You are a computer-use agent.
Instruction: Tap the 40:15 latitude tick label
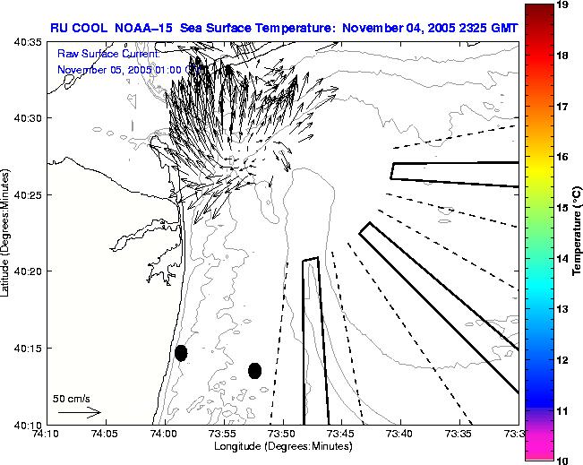point(28,348)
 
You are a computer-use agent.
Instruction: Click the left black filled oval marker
point(181,353)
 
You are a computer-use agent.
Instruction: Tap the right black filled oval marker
point(255,370)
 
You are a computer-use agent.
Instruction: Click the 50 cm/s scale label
point(70,398)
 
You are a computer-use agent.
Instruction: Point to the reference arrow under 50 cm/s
point(80,413)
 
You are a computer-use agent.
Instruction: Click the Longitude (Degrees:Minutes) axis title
point(282,446)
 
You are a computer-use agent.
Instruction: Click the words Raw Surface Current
point(108,54)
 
